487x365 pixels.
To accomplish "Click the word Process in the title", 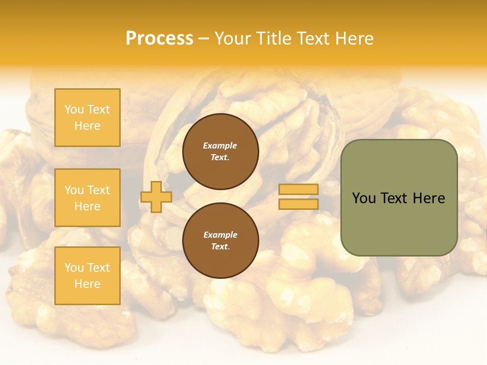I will [x=159, y=39].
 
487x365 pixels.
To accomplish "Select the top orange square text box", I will [x=87, y=118].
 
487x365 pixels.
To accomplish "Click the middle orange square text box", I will [x=87, y=198].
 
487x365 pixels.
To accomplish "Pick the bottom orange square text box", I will [x=87, y=276].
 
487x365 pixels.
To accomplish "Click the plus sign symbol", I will [x=156, y=197].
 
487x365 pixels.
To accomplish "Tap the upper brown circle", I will [x=220, y=152].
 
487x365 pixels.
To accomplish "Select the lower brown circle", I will [x=220, y=240].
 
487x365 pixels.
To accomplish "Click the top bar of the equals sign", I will [x=298, y=190].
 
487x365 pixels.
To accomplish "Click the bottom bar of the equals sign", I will [x=298, y=204].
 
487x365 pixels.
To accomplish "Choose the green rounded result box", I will [x=399, y=198].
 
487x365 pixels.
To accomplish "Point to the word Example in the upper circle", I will [x=220, y=145].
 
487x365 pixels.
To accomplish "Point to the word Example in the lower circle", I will [x=220, y=235].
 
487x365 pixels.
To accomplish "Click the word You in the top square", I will [x=74, y=109].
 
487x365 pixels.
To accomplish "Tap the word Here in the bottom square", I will [x=87, y=284].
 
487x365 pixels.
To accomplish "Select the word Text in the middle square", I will [x=98, y=190].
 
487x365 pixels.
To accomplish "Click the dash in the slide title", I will [x=204, y=39].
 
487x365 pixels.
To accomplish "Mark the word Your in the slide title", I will [x=232, y=39].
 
